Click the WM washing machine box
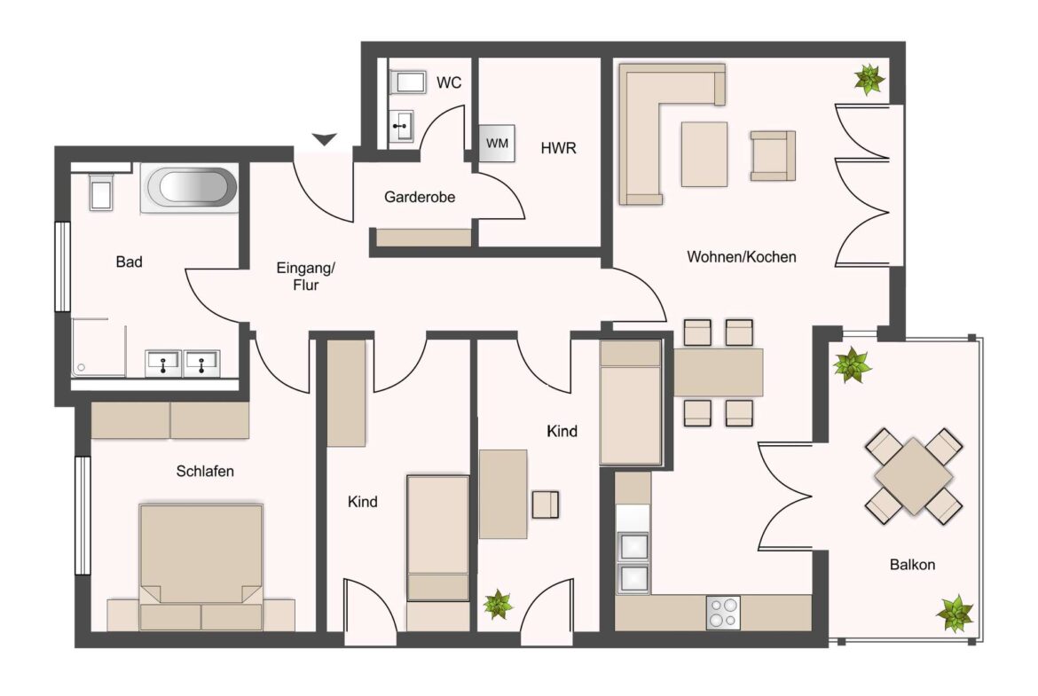[x=497, y=144]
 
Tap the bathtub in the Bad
[x=189, y=189]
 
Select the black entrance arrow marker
[x=325, y=139]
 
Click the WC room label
[x=449, y=82]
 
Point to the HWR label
[x=559, y=148]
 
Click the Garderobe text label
[x=420, y=197]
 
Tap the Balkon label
[x=912, y=565]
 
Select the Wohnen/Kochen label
[x=742, y=257]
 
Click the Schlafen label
[x=205, y=471]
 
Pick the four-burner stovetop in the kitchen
[x=723, y=613]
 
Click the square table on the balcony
[x=914, y=476]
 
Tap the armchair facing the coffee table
[x=773, y=155]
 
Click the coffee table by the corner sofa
[x=704, y=154]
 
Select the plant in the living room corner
[x=869, y=80]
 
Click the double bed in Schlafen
[x=201, y=567]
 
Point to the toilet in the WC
[x=408, y=82]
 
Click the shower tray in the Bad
[x=98, y=348]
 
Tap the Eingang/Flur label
[x=306, y=277]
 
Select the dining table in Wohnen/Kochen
[x=719, y=372]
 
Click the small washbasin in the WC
[x=401, y=126]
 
